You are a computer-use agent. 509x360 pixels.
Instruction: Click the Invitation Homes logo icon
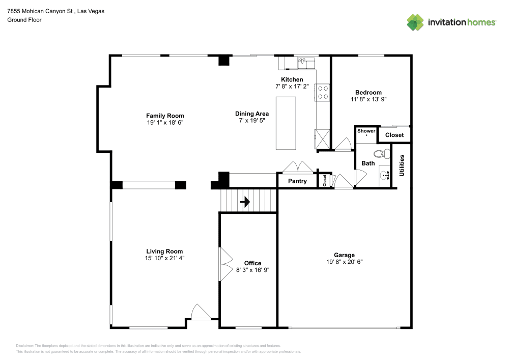(x=415, y=22)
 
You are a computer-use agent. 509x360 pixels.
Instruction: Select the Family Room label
(x=165, y=116)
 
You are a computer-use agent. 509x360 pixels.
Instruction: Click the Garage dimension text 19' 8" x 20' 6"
(x=344, y=262)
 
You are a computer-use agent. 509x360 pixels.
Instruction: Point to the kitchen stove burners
(x=323, y=92)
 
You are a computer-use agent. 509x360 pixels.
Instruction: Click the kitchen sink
(x=306, y=62)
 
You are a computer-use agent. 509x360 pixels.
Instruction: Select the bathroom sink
(x=385, y=176)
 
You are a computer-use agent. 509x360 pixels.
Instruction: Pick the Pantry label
(x=297, y=181)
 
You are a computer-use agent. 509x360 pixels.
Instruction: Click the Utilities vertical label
(x=402, y=165)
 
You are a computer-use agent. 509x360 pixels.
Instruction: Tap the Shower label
(x=366, y=131)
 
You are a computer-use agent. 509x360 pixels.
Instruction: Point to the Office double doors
(x=224, y=264)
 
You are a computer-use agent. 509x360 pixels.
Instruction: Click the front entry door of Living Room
(x=201, y=312)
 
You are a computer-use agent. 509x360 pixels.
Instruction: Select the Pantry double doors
(x=298, y=167)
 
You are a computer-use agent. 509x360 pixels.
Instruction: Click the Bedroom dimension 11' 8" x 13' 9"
(x=368, y=99)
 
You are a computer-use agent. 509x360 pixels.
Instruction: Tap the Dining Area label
(x=252, y=114)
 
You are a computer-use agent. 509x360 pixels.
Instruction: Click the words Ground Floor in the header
(x=24, y=20)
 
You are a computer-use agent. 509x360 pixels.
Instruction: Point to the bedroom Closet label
(x=394, y=135)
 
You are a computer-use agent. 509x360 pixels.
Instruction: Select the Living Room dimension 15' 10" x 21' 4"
(x=164, y=258)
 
